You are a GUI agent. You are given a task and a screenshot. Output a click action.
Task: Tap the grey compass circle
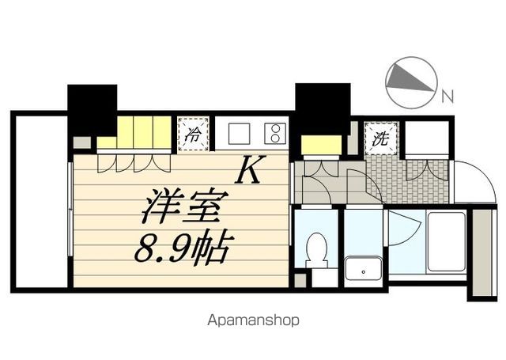(411, 82)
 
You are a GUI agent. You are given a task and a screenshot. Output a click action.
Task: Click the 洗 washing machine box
(380, 138)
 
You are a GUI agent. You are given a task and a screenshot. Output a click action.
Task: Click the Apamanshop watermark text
(253, 320)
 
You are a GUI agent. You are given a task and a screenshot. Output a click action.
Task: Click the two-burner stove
(274, 133)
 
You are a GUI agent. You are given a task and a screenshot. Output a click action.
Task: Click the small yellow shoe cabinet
(320, 146)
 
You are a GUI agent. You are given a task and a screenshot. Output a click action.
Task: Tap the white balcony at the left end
(40, 202)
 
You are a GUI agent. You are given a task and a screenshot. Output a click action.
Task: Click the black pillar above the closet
(92, 109)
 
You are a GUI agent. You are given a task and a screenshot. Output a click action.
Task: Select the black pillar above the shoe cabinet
(322, 108)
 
